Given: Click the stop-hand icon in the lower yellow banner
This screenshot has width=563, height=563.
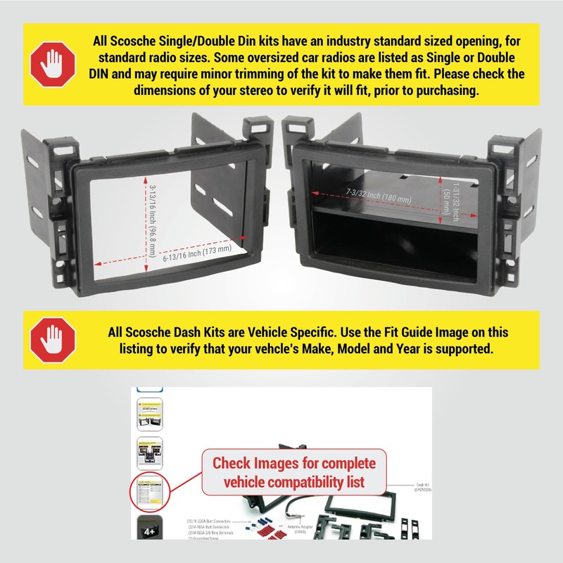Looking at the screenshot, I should [53, 340].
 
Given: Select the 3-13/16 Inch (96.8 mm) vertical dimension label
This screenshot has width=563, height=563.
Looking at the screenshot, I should [153, 218].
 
